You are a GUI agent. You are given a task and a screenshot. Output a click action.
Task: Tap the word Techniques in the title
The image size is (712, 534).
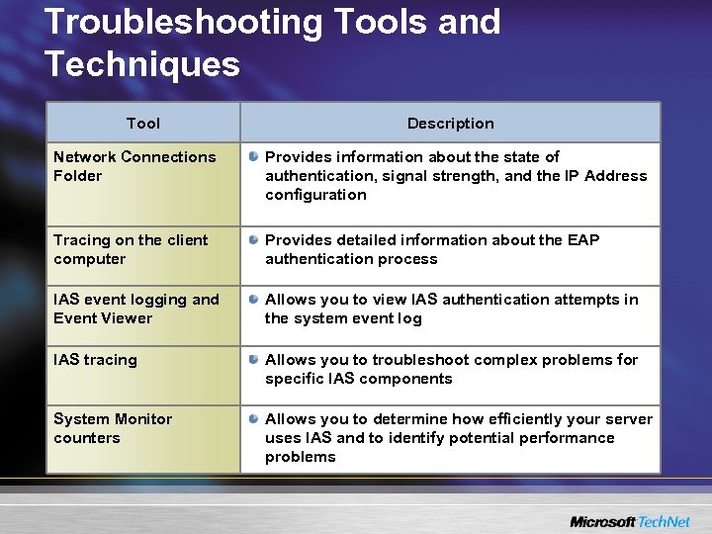[142, 65]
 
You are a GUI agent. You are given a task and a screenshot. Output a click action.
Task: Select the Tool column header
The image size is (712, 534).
[143, 124]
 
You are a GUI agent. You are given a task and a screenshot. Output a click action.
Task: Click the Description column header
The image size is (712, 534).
[450, 124]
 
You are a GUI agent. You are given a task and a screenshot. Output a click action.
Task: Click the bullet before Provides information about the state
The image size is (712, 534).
[254, 157]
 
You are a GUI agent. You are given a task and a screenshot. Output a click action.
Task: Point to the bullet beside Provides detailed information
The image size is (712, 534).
[254, 240]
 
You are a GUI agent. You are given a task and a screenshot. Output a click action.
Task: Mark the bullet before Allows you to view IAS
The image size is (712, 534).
[254, 300]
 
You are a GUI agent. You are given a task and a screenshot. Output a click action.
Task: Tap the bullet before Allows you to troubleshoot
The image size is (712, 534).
[254, 360]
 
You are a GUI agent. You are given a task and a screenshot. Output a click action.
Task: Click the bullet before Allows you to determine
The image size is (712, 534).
[254, 419]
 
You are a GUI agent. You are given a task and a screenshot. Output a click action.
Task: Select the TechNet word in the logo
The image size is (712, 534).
[666, 521]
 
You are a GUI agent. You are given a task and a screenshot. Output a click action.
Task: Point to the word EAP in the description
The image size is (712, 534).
[581, 240]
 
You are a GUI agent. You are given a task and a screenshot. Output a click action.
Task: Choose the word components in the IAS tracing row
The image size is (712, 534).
[408, 379]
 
